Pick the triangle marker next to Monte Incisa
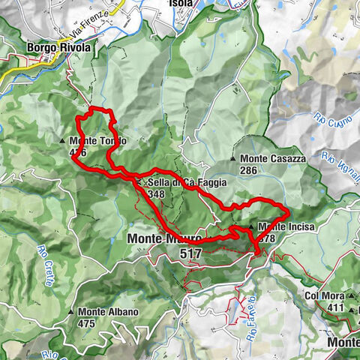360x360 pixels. coord(251,226)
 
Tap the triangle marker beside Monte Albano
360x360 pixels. coord(71,312)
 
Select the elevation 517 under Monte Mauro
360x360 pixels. coord(191,254)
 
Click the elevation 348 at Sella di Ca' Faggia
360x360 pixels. coord(156,194)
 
